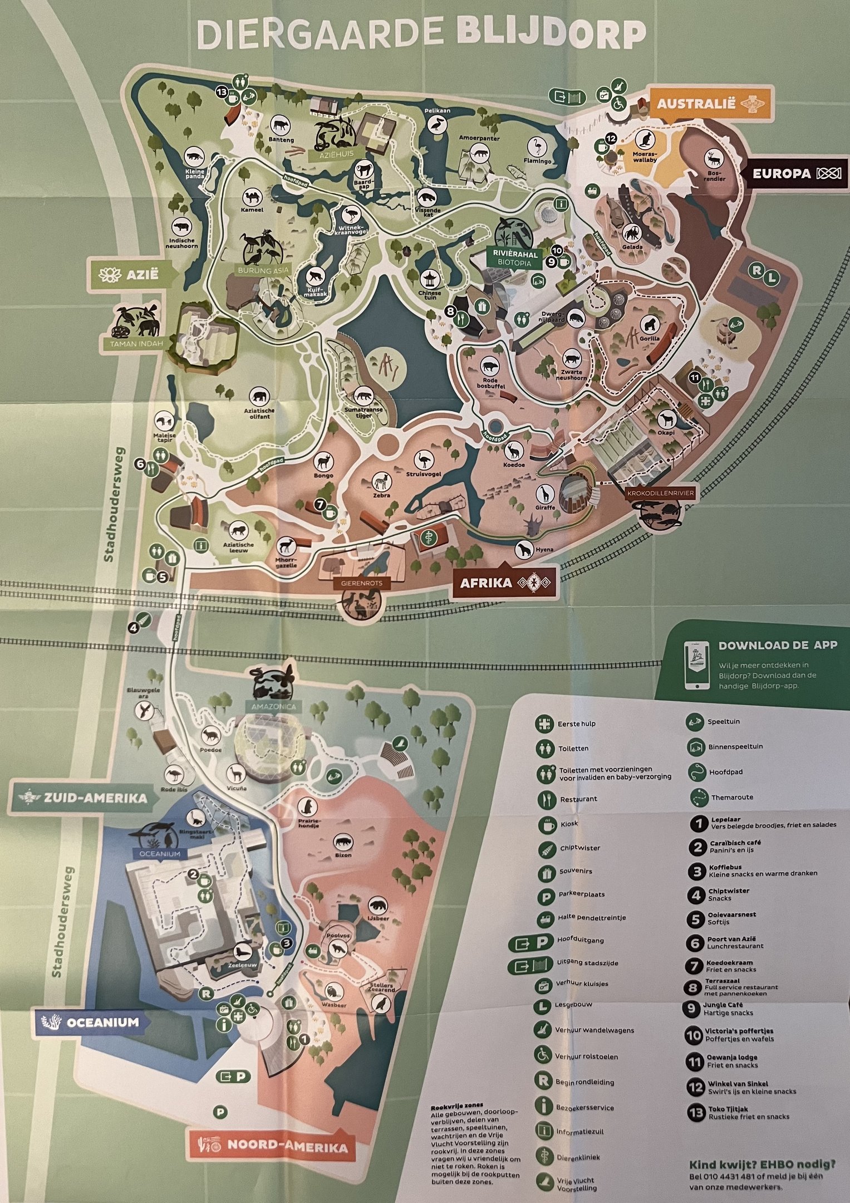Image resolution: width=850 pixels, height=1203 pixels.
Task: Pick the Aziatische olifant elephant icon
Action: pyautogui.click(x=259, y=397)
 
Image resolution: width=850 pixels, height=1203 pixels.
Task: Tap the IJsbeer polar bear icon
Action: pyautogui.click(x=376, y=905)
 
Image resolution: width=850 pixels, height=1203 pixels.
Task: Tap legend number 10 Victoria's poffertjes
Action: pyautogui.click(x=694, y=1035)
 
